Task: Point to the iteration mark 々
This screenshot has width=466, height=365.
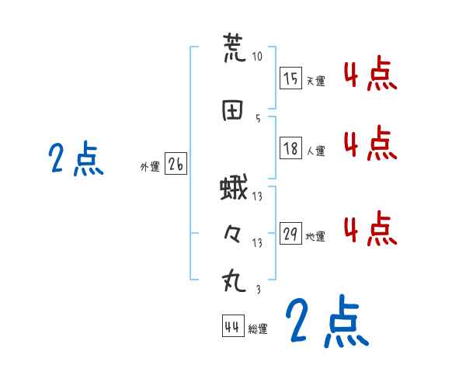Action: pyautogui.click(x=233, y=235)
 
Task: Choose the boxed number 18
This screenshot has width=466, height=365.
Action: pyautogui.click(x=290, y=148)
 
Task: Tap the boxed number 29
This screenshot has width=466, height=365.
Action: pyautogui.click(x=290, y=233)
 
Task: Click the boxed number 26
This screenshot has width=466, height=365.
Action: pyautogui.click(x=176, y=164)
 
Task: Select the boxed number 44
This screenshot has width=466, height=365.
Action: pyautogui.click(x=232, y=327)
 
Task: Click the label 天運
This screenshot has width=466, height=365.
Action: pyautogui.click(x=315, y=81)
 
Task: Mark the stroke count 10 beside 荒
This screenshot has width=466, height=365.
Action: pyautogui.click(x=258, y=57)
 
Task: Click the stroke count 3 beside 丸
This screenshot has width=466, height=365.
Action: pyautogui.click(x=257, y=289)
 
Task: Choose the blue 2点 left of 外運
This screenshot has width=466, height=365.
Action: pyautogui.click(x=75, y=159)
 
